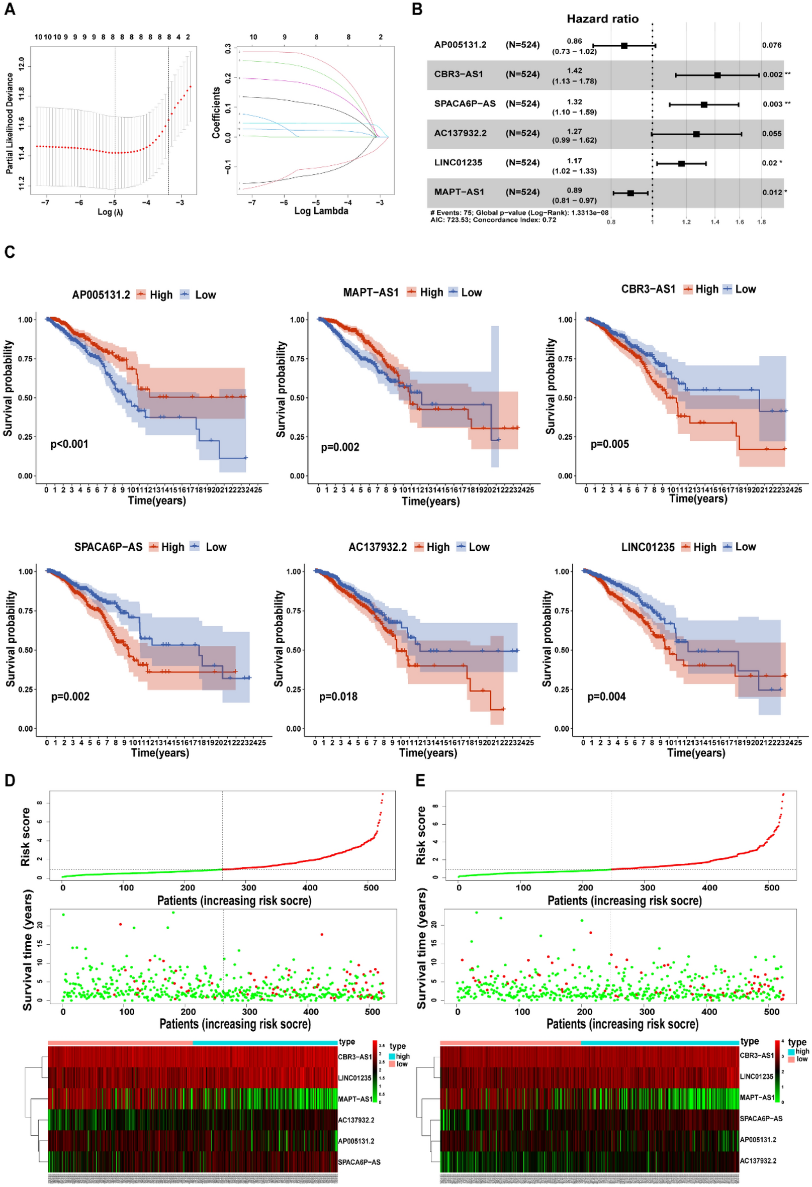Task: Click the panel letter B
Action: coord(417,9)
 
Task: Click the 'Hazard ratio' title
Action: coord(602,19)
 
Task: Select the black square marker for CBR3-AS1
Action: coord(717,75)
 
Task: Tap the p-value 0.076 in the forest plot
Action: coord(771,45)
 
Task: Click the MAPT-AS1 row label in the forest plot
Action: coord(458,192)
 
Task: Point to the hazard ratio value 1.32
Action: coord(574,102)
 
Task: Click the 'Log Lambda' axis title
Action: coord(321,211)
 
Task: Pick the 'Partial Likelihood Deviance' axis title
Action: coord(10,123)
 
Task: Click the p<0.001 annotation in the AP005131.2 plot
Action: coord(69,444)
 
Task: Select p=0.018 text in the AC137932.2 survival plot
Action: coord(338,697)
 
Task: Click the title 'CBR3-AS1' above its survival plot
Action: coord(648,289)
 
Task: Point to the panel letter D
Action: coord(9,780)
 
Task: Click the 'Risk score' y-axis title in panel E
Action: coord(420,836)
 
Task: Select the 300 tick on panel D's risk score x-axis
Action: coord(248,887)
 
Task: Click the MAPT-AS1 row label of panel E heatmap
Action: coord(756,1097)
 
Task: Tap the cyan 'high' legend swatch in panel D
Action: coord(392,1056)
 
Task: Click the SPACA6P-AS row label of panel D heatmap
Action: coord(358,1162)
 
